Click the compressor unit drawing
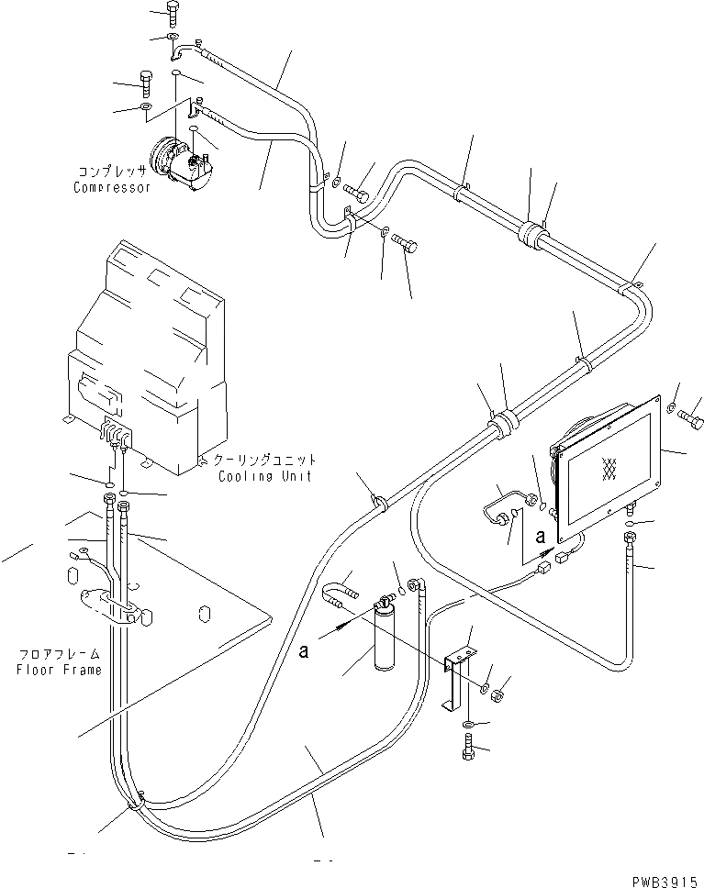pos(183,162)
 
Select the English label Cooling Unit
pos(264,476)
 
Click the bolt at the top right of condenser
pos(691,412)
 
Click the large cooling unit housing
pos(151,358)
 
